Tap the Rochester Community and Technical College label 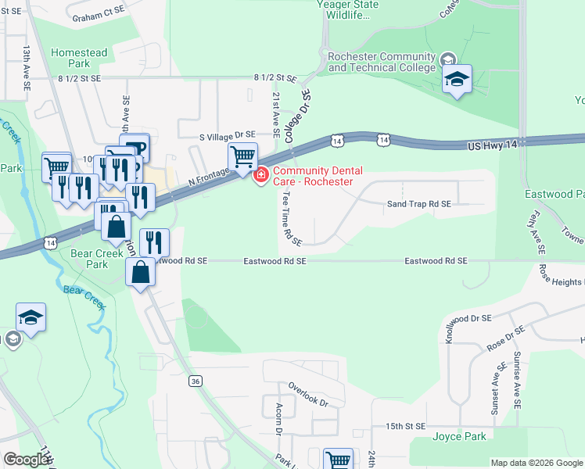(382, 62)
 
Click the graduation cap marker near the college (458, 80)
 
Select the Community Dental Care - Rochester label (312, 176)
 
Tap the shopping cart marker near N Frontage (242, 157)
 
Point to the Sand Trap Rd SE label (419, 204)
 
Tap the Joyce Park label (459, 437)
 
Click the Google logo (26, 460)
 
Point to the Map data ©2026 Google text (536, 463)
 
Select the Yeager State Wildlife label (347, 9)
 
